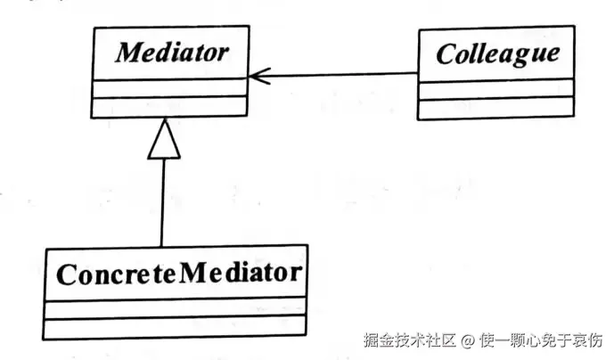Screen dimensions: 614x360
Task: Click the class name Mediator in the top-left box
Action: (168, 53)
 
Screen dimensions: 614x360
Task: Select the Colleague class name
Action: (497, 53)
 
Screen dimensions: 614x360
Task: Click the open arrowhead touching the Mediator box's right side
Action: (257, 75)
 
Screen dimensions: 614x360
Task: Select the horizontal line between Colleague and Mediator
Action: (339, 75)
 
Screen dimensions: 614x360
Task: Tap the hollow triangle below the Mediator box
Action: (164, 140)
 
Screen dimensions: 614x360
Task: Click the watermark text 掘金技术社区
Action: (409, 340)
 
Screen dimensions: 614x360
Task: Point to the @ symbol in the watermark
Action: (469, 340)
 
